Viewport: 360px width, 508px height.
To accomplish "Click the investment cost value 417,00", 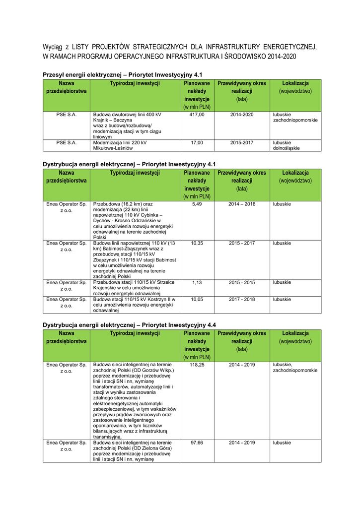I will point(197,115).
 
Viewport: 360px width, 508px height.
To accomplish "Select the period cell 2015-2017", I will point(242,142).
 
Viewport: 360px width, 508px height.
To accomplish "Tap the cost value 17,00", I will point(197,142).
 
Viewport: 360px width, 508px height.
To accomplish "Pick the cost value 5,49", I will point(197,204).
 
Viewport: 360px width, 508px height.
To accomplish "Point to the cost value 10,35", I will point(197,243).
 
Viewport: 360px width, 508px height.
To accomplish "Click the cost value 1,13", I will point(197,282).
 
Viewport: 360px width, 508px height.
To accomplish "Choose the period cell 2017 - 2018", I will point(242,299).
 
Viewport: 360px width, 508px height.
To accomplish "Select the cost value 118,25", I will point(197,365).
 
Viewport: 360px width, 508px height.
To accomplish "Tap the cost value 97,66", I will point(197,442).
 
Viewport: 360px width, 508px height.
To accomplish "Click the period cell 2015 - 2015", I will point(242,282).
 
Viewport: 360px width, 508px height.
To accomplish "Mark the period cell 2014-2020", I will point(242,115).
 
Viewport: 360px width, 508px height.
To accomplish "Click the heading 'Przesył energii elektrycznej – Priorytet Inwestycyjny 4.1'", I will point(122,74).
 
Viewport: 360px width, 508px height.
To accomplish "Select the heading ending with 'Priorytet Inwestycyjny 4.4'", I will point(129,324).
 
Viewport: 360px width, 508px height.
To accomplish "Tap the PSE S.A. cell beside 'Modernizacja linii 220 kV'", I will point(66,142).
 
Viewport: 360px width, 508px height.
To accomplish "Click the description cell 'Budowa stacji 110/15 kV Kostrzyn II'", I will point(134,305).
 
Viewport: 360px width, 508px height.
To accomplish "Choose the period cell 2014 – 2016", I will point(242,204).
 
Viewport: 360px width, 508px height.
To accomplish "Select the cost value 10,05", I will point(197,299).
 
